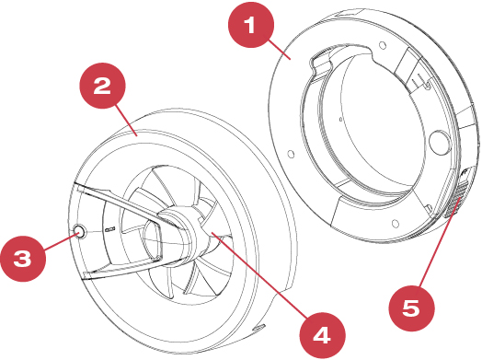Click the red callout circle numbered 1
[x=251, y=25]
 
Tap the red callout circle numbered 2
[x=102, y=86]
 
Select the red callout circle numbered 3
[x=23, y=259]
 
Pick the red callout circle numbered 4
[x=323, y=335]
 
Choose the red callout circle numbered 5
[x=411, y=308]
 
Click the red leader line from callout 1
[x=280, y=50]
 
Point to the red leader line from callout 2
[x=126, y=121]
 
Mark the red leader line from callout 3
[x=61, y=242]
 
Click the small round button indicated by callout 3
[x=79, y=231]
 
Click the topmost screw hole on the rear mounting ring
[x=383, y=45]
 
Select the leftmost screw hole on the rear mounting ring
[x=290, y=154]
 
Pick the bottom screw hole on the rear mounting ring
[x=396, y=223]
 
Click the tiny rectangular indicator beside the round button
[x=109, y=229]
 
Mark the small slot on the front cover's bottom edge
[x=258, y=328]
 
